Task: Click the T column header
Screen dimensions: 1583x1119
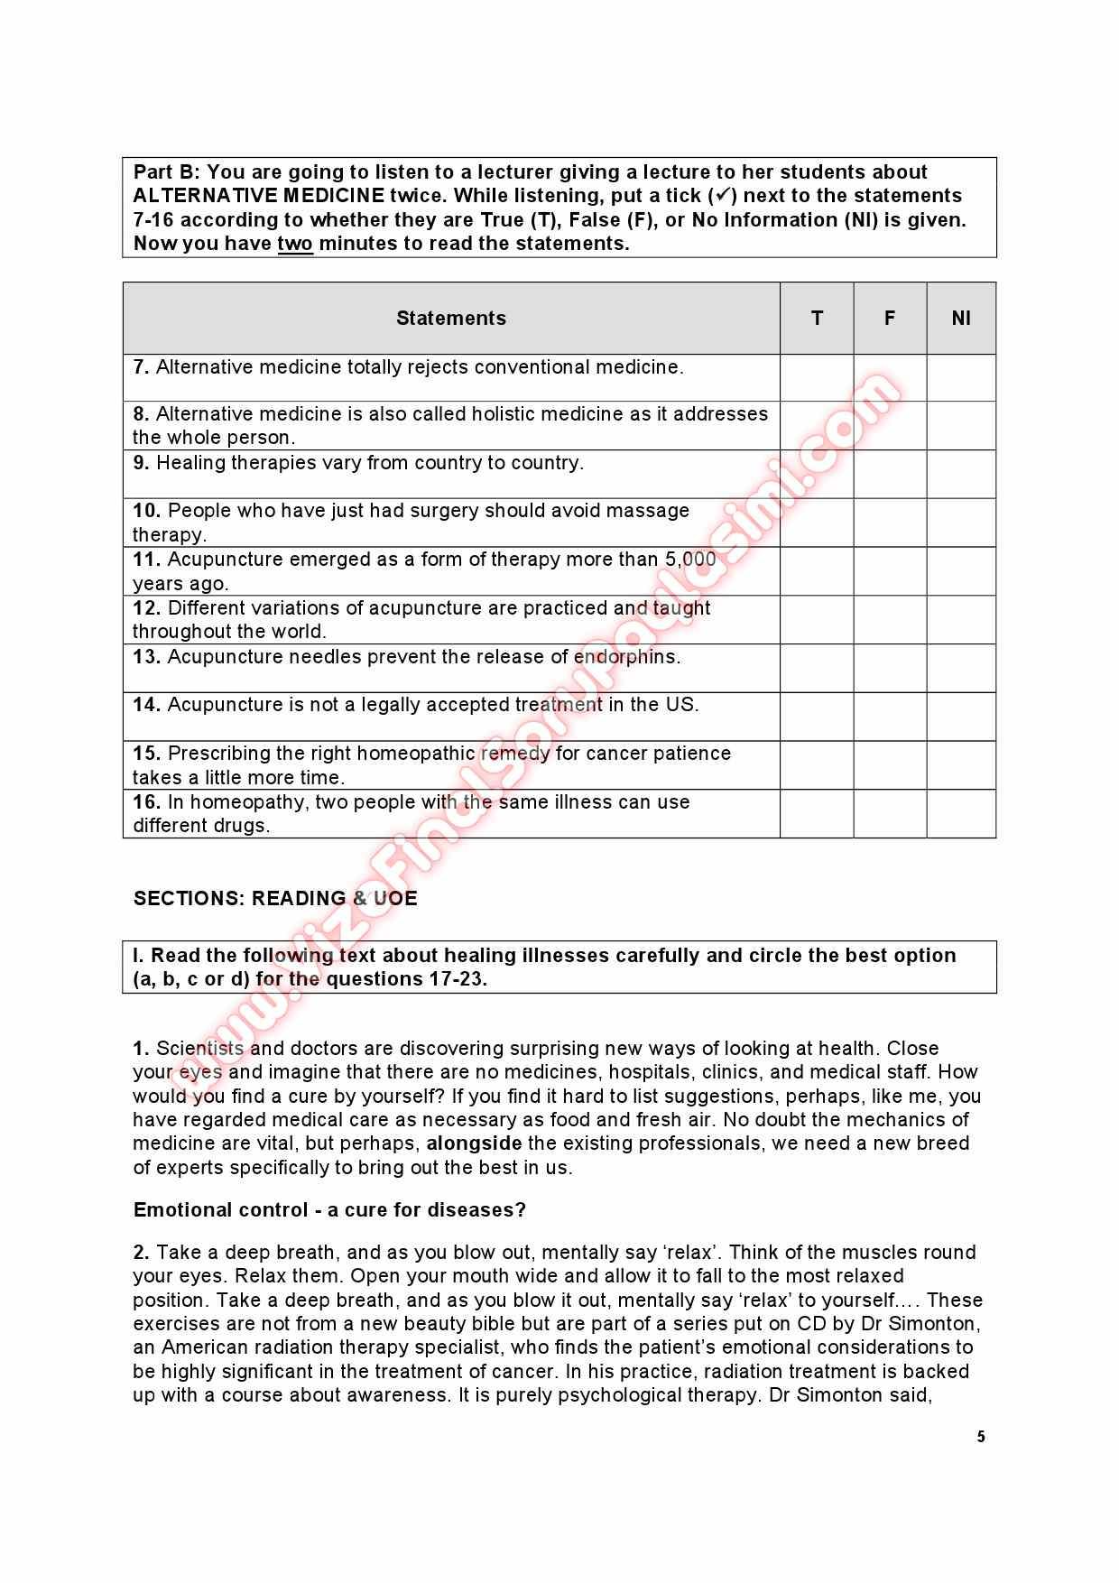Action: point(817,318)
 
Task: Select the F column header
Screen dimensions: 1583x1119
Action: point(890,318)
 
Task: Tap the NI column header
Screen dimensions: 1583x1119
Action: point(961,318)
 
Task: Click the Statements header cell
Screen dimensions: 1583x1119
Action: point(451,318)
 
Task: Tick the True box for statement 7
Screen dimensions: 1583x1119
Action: point(817,377)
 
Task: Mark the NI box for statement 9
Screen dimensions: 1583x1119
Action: point(961,474)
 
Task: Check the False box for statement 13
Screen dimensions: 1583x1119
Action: point(890,668)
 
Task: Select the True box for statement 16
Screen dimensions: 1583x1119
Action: point(817,813)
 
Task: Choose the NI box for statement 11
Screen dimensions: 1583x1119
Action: point(961,570)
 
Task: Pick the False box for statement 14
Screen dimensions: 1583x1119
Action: point(890,717)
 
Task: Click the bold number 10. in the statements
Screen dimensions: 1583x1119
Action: point(147,511)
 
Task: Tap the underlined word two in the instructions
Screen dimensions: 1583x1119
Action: point(295,244)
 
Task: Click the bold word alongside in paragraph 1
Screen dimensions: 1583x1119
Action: point(474,1143)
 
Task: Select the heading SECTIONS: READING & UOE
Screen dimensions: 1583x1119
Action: point(275,899)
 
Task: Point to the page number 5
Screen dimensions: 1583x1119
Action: point(981,1438)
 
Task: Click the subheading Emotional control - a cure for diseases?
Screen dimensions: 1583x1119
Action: point(329,1210)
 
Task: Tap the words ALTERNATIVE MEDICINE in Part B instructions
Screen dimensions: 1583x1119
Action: point(259,196)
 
